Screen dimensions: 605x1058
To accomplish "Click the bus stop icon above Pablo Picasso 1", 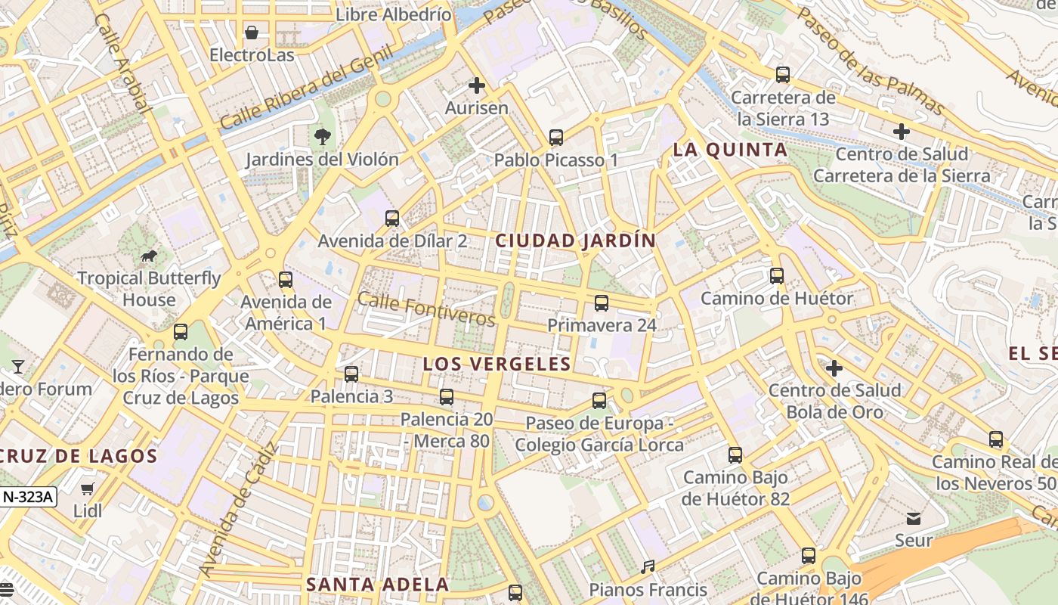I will [556, 138].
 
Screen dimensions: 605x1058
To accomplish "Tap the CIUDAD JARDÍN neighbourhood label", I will [575, 241].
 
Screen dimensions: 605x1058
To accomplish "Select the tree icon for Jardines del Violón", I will [322, 137].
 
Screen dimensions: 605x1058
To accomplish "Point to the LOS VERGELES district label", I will [497, 364].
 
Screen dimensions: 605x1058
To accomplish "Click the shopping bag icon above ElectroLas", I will [252, 33].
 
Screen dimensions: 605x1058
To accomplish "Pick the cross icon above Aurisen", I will [476, 85].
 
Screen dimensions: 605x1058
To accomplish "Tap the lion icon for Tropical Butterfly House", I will [149, 256].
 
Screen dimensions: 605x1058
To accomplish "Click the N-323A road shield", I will [28, 497].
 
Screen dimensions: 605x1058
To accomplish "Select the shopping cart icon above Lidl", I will [88, 489].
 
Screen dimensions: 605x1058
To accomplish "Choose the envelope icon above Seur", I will [914, 519].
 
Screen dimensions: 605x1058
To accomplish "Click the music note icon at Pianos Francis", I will [648, 566].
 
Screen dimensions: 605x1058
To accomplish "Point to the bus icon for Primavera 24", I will [602, 303].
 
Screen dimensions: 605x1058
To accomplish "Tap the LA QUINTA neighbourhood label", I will [730, 150].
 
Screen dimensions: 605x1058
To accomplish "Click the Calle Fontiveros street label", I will [426, 309].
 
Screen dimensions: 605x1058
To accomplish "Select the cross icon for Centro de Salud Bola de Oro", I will [834, 368].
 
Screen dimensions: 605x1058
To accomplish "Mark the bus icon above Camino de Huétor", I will [777, 276].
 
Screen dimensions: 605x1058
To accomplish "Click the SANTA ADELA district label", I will [377, 585].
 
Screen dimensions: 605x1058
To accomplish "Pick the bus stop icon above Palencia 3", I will [351, 374].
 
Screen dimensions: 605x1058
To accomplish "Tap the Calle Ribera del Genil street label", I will [306, 88].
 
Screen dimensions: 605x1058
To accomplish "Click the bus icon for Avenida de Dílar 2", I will [392, 219].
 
